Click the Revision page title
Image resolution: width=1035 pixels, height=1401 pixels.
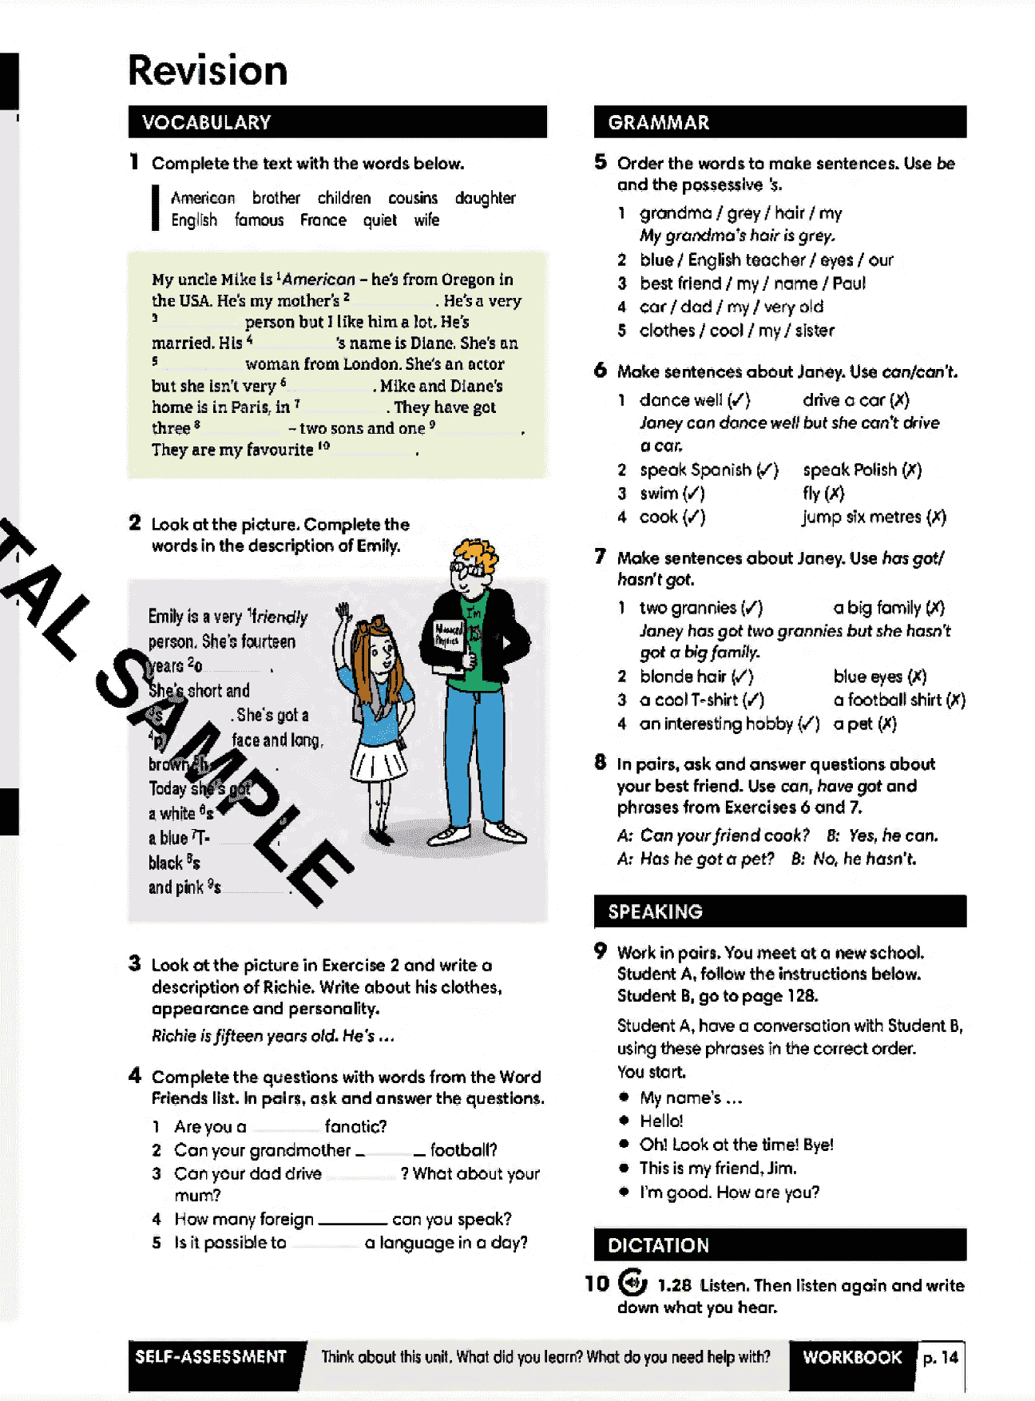208,70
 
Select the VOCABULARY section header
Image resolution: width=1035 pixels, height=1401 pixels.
206,122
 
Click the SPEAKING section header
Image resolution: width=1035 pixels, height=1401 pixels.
655,911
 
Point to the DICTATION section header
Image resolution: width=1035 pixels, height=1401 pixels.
658,1245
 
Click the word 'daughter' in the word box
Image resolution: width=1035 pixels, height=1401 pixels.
485,198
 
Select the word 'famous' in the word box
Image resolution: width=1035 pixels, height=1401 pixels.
259,220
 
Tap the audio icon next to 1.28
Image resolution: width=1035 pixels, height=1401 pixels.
632,1283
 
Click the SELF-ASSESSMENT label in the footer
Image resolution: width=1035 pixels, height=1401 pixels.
211,1357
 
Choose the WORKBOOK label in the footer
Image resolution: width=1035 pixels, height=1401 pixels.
851,1357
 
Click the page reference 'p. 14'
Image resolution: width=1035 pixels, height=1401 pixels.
940,1357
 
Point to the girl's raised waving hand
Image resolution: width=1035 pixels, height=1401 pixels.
344,614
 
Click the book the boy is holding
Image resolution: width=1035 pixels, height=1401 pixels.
449,639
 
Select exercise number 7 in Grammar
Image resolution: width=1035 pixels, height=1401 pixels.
601,557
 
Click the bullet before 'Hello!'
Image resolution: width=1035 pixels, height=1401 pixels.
624,1121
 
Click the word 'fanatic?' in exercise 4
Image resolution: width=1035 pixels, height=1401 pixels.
355,1127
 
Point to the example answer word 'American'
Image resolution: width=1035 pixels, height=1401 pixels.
319,280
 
